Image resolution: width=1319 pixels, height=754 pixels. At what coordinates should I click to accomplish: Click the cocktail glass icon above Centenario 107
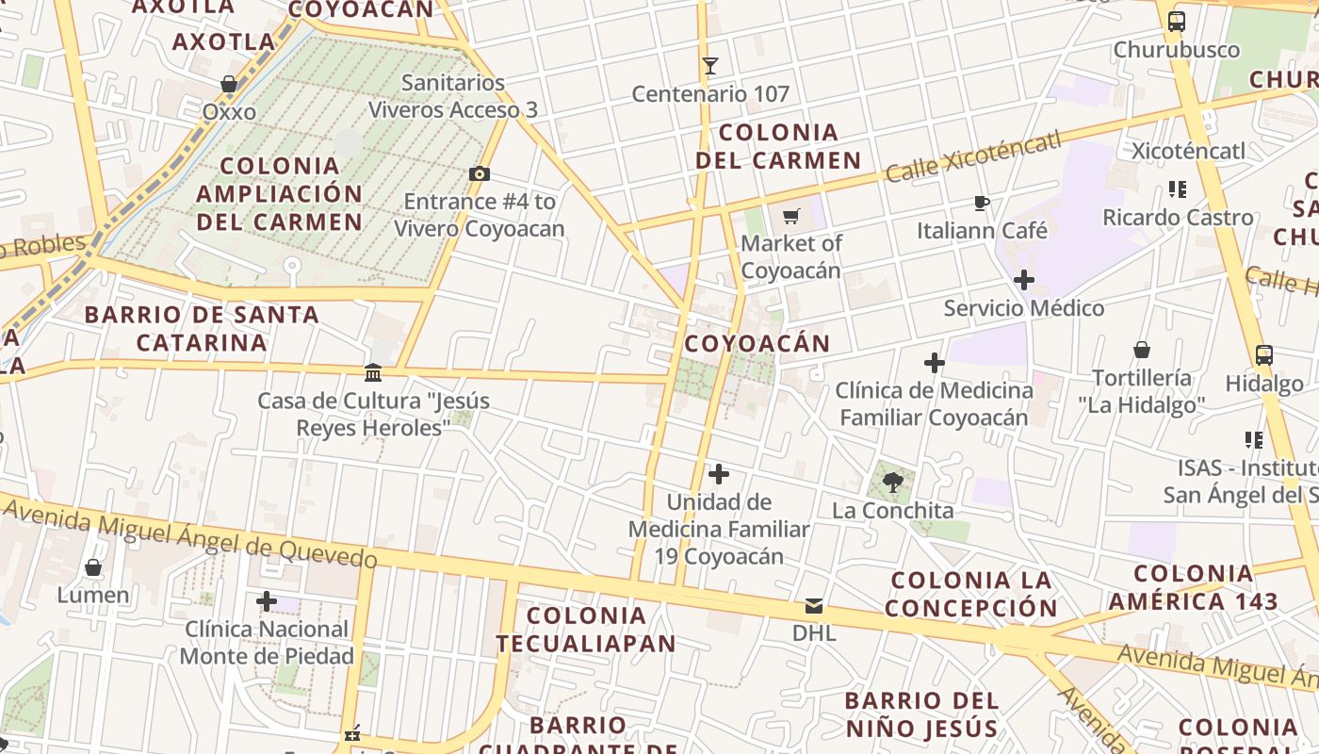[710, 66]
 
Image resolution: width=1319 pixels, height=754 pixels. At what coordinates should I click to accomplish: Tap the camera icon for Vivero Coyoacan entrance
[480, 173]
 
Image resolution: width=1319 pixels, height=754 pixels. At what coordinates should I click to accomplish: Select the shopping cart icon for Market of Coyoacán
[791, 216]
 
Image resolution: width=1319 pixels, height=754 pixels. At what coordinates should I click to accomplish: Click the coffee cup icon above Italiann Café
[983, 203]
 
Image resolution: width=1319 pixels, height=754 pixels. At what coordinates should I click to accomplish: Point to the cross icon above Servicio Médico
[1024, 280]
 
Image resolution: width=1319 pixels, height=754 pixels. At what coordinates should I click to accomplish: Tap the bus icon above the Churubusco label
[1176, 22]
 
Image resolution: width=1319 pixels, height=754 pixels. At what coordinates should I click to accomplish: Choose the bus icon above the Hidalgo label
[1264, 355]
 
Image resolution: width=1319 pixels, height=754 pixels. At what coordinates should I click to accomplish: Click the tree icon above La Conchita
[893, 484]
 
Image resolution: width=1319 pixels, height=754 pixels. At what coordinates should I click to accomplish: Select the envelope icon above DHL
[814, 605]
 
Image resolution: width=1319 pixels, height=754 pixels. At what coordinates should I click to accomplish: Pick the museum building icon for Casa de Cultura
[373, 373]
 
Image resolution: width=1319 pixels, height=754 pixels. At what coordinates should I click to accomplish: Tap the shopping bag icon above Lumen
[93, 567]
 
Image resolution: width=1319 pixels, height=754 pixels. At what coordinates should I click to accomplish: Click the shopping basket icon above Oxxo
[229, 85]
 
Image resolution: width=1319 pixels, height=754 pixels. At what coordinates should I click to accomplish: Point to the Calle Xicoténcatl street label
[973, 156]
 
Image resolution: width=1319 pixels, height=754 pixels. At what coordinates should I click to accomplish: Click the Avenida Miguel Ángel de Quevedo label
[188, 534]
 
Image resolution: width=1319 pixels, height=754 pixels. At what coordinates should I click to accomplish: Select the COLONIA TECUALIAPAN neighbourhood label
[586, 630]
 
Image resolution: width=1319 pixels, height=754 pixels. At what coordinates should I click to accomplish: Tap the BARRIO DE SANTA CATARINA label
[202, 328]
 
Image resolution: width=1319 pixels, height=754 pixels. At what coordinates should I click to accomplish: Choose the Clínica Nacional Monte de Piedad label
[268, 643]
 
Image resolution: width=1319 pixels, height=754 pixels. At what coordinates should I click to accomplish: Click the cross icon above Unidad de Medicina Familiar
[719, 474]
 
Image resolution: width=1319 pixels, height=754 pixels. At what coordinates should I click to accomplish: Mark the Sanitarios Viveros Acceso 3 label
[453, 96]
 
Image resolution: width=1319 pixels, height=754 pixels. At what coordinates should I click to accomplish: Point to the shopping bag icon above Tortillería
[1142, 351]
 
